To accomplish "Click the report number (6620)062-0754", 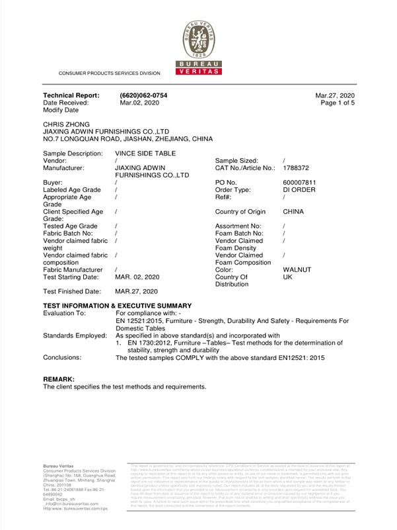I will tap(143, 96).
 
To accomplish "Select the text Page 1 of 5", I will tap(338, 103).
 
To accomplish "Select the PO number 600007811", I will tap(301, 182).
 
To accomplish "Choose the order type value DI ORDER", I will tap(299, 190).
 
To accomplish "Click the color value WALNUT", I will tap(297, 270).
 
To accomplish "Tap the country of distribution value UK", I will tap(287, 277).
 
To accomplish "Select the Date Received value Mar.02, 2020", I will tap(139, 103).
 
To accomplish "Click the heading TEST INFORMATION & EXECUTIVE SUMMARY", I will tap(117, 306).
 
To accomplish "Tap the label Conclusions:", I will tap(63, 358).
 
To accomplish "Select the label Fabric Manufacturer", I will tap(73, 270).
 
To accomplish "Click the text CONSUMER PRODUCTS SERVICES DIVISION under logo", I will tap(110, 73).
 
